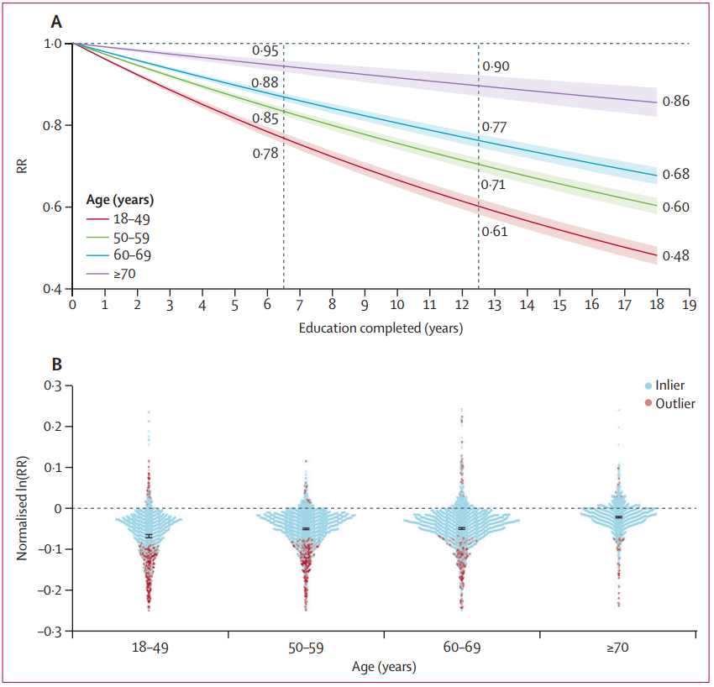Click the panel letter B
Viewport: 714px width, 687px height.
click(x=56, y=365)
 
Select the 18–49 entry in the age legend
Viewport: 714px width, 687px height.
click(x=133, y=218)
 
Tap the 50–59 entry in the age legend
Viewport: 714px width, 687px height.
click(x=133, y=237)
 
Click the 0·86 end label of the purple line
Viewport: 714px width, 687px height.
click(x=675, y=102)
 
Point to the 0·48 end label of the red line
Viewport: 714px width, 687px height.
click(x=675, y=255)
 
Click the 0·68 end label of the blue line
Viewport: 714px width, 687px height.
click(x=675, y=175)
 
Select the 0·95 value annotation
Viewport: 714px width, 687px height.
click(x=265, y=52)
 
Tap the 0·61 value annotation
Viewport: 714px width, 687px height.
click(x=495, y=232)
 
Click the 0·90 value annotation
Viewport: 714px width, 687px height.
click(x=496, y=66)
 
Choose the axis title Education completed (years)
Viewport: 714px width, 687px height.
click(x=381, y=328)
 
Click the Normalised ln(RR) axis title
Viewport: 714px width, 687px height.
click(x=23, y=509)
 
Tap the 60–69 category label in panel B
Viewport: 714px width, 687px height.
click(x=461, y=649)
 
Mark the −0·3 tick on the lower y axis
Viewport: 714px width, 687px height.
click(x=50, y=631)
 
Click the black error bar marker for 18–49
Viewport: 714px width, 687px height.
click(x=149, y=536)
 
